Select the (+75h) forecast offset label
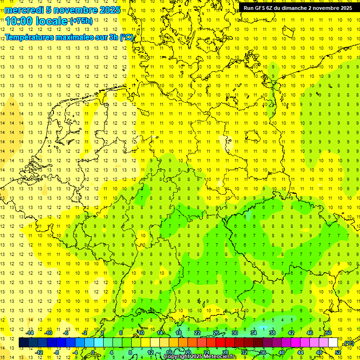(81, 21)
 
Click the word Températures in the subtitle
(30, 37)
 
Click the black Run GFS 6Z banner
(298, 8)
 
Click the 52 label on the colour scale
(338, 352)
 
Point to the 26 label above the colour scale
(216, 333)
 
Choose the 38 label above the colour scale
(272, 333)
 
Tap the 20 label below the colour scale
(188, 352)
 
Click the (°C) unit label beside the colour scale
(348, 343)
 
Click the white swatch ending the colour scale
(333, 343)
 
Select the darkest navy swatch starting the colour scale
(23, 343)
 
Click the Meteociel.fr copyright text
(206, 357)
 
